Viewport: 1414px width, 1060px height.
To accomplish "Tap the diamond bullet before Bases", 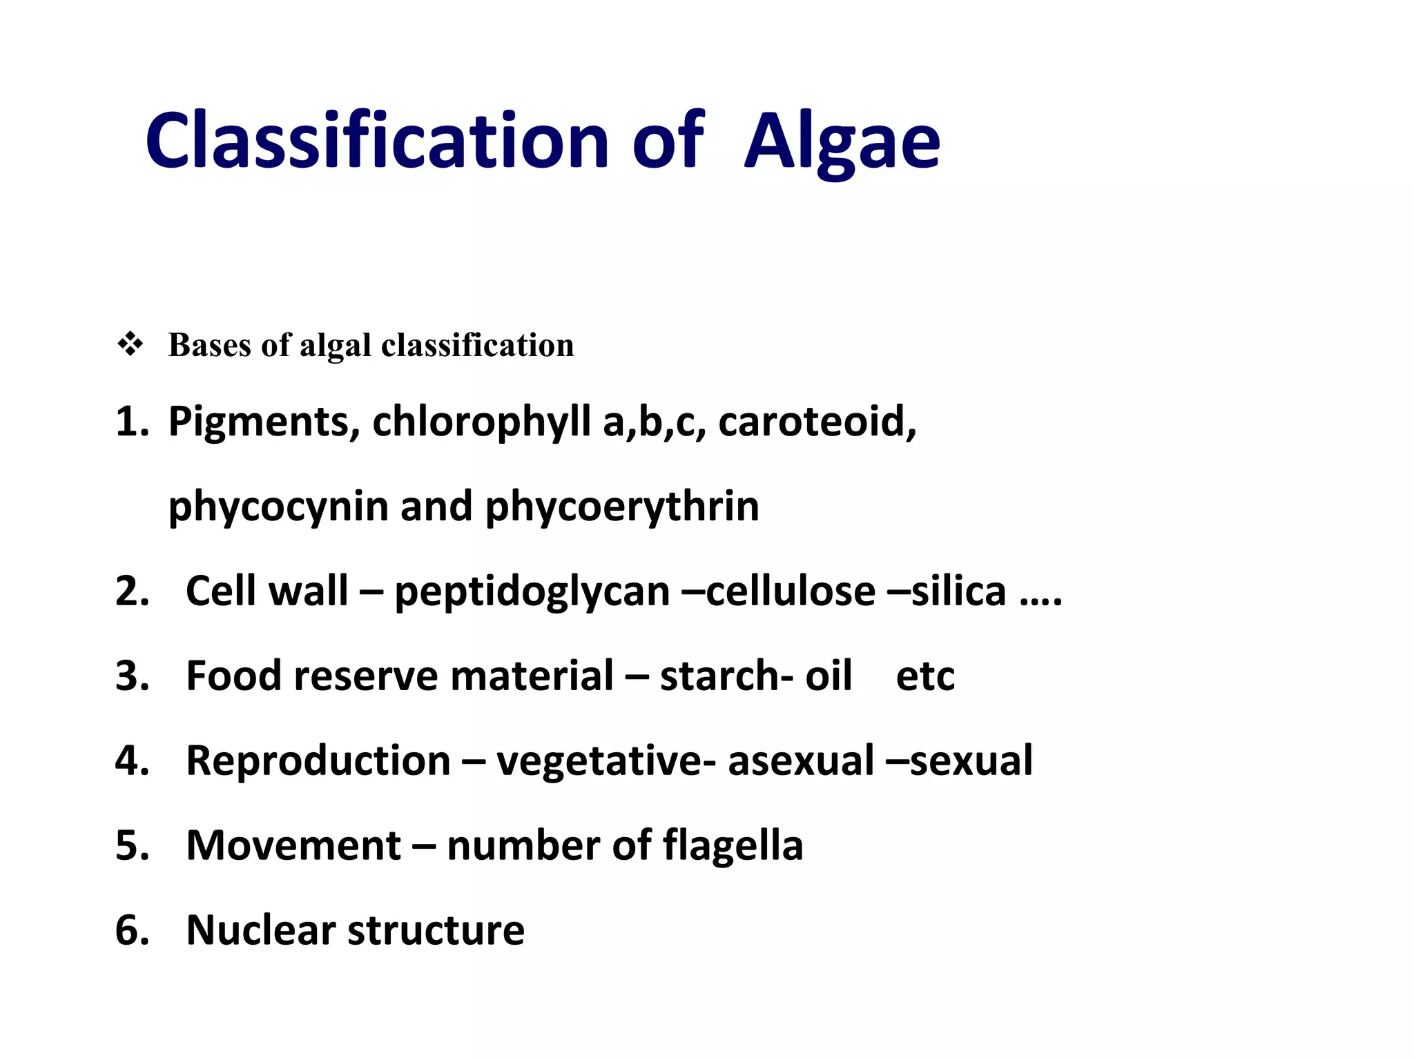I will [x=130, y=344].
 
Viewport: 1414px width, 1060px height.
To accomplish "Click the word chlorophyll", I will [x=481, y=422].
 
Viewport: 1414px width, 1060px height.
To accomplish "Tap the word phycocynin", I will [x=279, y=507].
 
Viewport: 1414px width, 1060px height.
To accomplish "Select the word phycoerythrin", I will [x=622, y=507].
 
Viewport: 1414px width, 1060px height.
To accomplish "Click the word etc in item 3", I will [x=925, y=676].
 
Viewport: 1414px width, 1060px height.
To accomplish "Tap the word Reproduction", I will [x=318, y=760].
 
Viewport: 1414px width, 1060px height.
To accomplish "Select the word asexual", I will [x=801, y=760].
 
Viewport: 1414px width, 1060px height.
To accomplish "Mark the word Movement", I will [x=293, y=845].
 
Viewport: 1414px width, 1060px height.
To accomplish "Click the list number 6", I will [x=132, y=930].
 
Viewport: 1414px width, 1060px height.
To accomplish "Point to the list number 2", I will [x=132, y=592].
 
